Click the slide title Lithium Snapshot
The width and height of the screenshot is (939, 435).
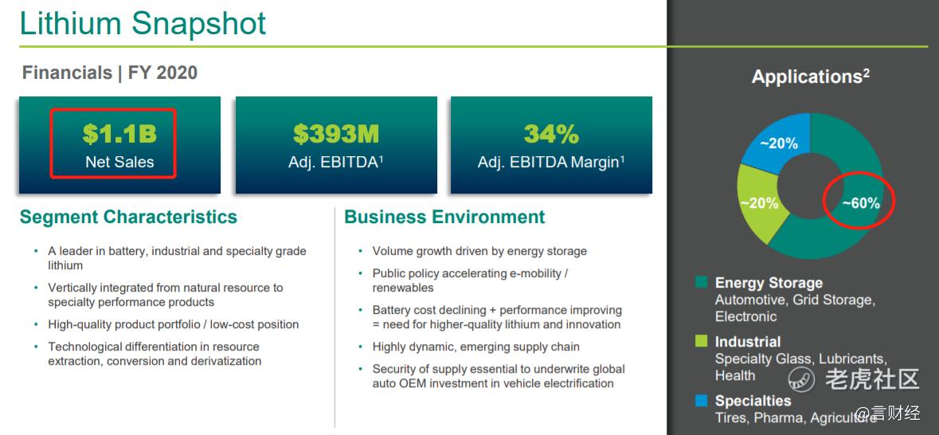[143, 23]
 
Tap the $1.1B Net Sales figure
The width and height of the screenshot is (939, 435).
[119, 134]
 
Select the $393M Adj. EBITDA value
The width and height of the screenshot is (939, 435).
[336, 134]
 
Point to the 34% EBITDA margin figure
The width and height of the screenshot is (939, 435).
[552, 134]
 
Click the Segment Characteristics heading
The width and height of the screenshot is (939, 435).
[129, 216]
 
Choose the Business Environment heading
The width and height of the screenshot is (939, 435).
[444, 216]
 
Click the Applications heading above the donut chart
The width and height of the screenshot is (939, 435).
[810, 76]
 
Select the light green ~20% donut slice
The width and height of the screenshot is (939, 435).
[759, 202]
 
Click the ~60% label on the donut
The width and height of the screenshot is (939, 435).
[860, 203]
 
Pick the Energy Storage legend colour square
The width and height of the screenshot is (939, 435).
[701, 282]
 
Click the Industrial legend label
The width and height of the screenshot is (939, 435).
[748, 342]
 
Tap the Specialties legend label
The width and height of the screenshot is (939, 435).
[753, 400]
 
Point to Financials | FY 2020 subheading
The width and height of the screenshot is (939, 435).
[110, 73]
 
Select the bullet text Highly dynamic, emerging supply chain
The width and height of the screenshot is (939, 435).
[476, 347]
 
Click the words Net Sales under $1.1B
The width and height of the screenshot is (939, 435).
[119, 162]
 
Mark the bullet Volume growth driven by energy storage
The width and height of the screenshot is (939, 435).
[479, 251]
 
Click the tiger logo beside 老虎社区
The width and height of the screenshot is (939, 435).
[800, 378]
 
